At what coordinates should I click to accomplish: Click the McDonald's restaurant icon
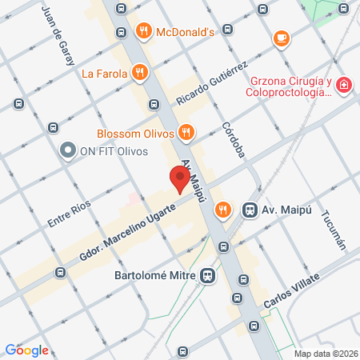143,32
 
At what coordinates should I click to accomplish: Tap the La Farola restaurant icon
139,74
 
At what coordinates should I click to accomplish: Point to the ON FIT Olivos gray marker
68,150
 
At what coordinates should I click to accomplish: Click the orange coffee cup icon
281,38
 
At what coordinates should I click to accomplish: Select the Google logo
27,350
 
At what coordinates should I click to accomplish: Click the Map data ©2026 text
326,354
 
